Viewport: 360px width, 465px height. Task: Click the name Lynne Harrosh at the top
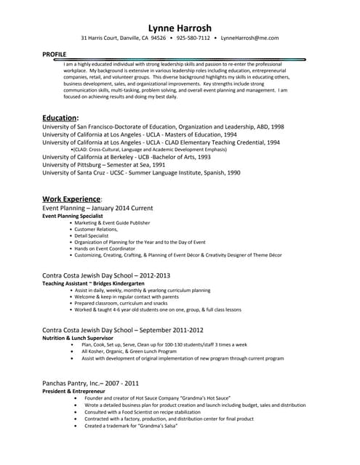click(180, 28)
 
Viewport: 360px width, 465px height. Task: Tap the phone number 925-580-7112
click(193, 38)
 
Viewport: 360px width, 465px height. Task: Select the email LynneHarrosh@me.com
click(249, 38)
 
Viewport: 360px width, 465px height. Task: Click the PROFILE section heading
click(54, 54)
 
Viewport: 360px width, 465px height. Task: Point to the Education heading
click(60, 117)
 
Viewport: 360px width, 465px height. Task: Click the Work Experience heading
click(71, 198)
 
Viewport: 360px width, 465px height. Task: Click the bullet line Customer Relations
click(96, 230)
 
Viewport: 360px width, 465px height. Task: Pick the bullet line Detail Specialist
click(91, 235)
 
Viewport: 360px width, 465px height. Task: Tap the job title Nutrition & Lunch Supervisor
click(78, 338)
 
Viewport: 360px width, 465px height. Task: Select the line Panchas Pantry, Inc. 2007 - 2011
click(91, 382)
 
